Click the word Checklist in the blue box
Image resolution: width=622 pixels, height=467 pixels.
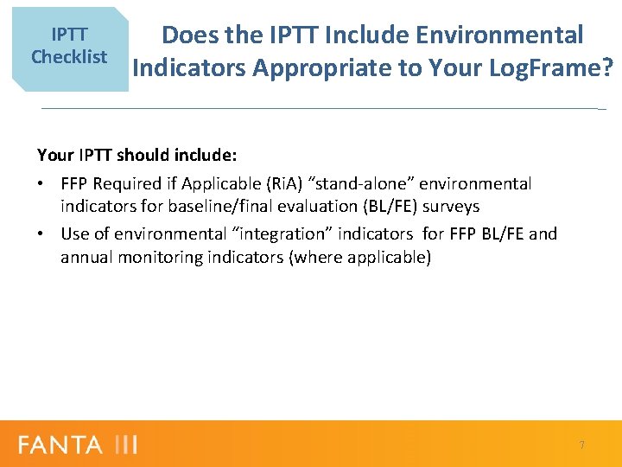[x=69, y=57]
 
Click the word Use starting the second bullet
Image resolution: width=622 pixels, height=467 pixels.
[x=75, y=233]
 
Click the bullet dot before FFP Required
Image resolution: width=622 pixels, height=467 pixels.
[x=41, y=184]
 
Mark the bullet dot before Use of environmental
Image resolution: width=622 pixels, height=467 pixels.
[x=41, y=234]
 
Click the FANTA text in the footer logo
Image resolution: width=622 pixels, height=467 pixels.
[x=60, y=445]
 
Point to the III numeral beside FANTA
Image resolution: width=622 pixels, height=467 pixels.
[x=124, y=445]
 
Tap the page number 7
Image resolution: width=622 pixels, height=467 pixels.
[x=581, y=445]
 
